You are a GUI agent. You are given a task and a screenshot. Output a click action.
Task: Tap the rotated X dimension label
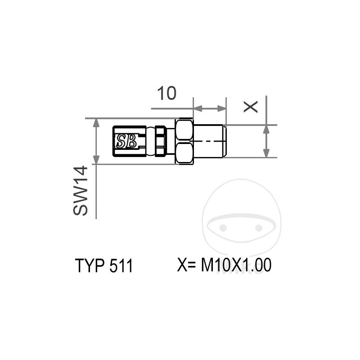(251, 107)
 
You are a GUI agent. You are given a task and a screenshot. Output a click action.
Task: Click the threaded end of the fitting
(211, 141)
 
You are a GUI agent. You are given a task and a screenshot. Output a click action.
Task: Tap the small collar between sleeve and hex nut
(160, 141)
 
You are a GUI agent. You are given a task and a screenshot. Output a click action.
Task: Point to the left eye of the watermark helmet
(224, 227)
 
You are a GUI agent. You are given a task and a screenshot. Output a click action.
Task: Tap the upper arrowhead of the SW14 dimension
(96, 123)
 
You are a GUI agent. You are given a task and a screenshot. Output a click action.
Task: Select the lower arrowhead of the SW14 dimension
(96, 160)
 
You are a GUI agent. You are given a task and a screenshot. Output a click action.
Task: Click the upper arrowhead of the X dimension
(266, 129)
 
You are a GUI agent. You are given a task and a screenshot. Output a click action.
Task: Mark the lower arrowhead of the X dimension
(266, 153)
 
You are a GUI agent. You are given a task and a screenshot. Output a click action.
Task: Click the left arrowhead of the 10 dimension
(197, 108)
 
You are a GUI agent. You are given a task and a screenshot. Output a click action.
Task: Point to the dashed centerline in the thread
(209, 141)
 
